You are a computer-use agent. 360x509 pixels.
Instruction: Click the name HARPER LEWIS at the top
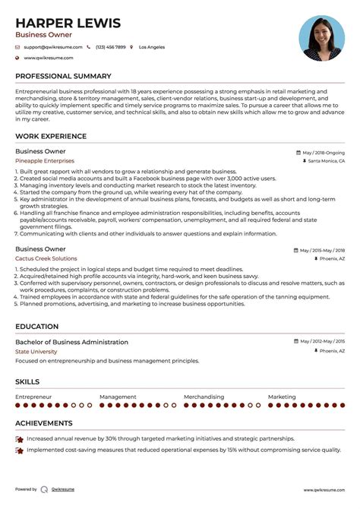click(68, 23)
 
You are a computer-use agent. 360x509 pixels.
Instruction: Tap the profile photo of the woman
click(322, 39)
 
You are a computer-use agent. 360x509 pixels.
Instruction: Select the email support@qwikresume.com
click(52, 47)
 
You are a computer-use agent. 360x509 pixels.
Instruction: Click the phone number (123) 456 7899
click(110, 47)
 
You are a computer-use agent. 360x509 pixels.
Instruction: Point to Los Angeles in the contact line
click(151, 47)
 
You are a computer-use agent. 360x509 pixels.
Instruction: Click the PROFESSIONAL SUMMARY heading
click(63, 76)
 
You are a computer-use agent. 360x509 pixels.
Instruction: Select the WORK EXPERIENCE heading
click(51, 137)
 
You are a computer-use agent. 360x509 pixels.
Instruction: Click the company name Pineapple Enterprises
click(45, 161)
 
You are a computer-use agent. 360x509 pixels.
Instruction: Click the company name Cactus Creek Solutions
click(46, 259)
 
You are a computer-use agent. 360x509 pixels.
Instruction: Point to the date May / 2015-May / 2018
click(322, 250)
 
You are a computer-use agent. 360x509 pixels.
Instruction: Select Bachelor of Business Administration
click(71, 342)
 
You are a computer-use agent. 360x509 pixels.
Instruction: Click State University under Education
click(36, 352)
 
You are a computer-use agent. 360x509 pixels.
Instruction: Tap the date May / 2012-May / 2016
click(322, 342)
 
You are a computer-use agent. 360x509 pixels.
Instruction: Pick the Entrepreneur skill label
click(33, 397)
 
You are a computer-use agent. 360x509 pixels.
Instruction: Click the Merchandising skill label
click(204, 397)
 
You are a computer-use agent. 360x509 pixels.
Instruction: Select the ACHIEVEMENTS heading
click(44, 423)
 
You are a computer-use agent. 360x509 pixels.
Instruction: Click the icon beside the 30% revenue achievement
click(19, 439)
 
